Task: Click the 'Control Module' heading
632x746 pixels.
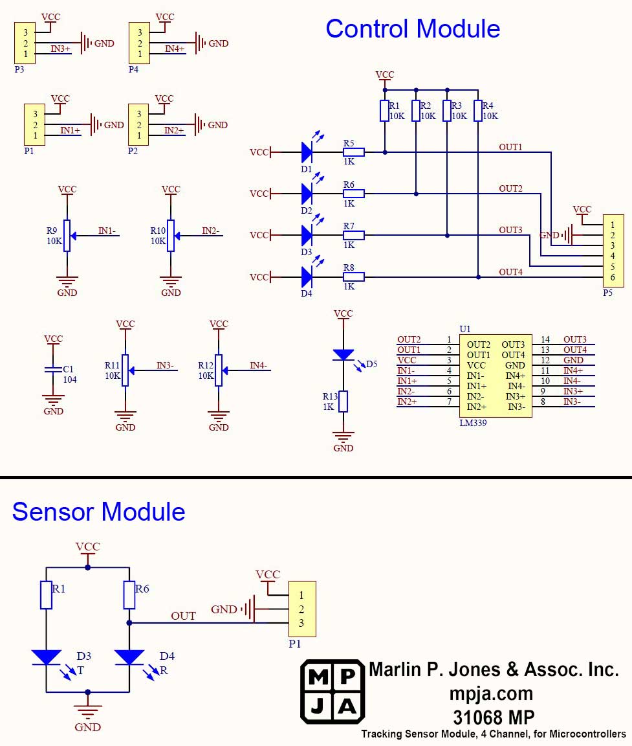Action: [413, 29]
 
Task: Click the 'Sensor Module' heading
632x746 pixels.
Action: [98, 512]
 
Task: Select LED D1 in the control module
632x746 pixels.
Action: [307, 152]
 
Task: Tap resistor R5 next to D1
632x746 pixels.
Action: [353, 152]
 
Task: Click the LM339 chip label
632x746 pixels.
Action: [473, 423]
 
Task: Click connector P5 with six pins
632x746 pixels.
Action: [613, 251]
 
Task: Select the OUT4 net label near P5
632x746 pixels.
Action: [510, 271]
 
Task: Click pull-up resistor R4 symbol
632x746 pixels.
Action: [478, 111]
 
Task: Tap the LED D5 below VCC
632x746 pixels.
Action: [343, 355]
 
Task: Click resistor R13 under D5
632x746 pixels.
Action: [343, 401]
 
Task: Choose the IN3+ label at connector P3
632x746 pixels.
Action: [61, 48]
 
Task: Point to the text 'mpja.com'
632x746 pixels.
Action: [492, 694]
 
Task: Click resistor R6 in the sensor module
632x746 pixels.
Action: [129, 595]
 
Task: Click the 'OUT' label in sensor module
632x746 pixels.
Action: [183, 616]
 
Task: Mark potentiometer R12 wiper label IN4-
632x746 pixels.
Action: [259, 365]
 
